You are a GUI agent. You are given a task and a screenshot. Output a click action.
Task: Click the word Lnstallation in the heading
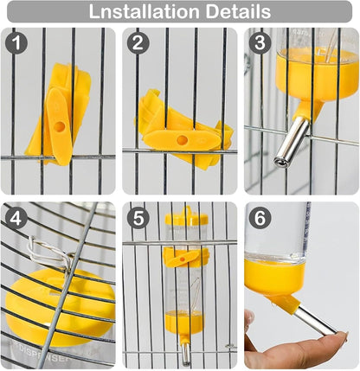144,11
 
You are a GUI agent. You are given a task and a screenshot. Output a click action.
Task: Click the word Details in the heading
238,11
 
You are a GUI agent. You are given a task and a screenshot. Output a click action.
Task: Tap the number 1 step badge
16,43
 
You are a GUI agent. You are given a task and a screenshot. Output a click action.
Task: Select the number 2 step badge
138,43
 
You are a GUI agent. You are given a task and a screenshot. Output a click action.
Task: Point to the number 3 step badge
260,43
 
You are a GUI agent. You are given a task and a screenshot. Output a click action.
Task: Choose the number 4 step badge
16,219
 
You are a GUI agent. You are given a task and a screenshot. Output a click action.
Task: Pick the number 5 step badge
138,219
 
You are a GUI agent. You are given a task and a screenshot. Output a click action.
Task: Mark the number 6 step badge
260,219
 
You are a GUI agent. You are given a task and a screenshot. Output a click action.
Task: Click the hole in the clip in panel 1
60,127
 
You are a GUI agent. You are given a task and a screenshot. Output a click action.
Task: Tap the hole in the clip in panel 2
183,140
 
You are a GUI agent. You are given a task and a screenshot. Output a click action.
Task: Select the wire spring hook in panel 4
49,252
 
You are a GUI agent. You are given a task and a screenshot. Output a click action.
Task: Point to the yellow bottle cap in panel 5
186,217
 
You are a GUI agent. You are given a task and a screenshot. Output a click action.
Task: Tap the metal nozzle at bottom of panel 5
185,353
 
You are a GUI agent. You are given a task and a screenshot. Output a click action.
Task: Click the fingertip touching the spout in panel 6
340,337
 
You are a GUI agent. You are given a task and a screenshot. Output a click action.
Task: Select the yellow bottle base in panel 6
274,276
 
